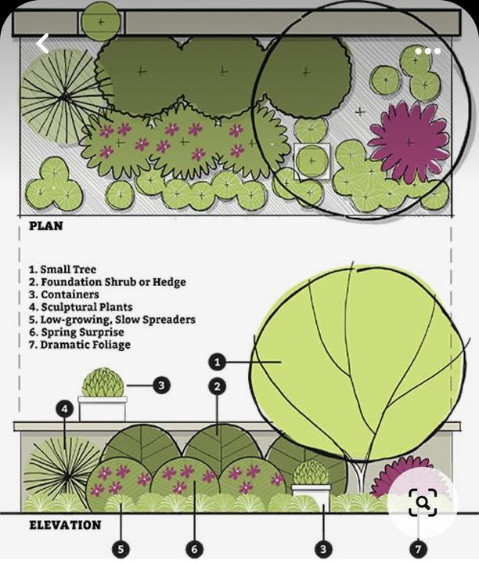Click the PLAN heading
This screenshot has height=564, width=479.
pyautogui.click(x=45, y=226)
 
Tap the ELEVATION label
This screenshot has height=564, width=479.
pyautogui.click(x=65, y=525)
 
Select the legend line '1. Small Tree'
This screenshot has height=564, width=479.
pyautogui.click(x=63, y=269)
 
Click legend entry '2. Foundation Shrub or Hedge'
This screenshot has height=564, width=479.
pyautogui.click(x=107, y=282)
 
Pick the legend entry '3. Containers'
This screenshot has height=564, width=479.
pyautogui.click(x=63, y=295)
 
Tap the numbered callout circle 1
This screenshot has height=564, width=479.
pyautogui.click(x=218, y=362)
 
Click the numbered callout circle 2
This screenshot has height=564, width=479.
pyautogui.click(x=218, y=386)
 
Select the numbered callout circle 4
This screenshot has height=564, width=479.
pyautogui.click(x=65, y=408)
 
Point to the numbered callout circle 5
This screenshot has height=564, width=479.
pyautogui.click(x=120, y=550)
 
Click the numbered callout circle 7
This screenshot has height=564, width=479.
pyautogui.click(x=419, y=550)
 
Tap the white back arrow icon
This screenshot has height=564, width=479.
pyautogui.click(x=43, y=44)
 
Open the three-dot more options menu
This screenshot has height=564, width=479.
pyautogui.click(x=427, y=51)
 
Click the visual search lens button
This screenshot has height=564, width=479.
pyautogui.click(x=423, y=502)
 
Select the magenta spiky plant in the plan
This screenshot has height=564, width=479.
pyautogui.click(x=408, y=141)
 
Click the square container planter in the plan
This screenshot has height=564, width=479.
pyautogui.click(x=312, y=162)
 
